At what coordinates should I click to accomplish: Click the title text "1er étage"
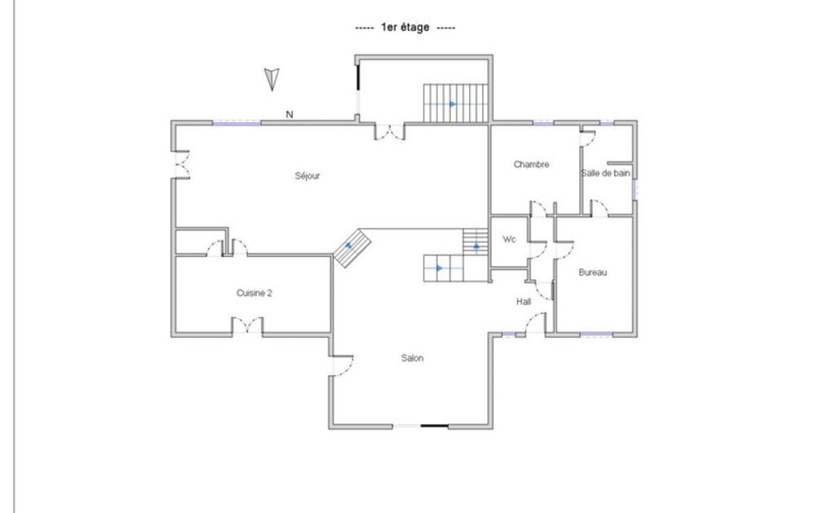pyautogui.click(x=406, y=28)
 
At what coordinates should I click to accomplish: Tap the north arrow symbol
pyautogui.click(x=273, y=79)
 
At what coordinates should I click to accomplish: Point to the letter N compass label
pyautogui.click(x=289, y=115)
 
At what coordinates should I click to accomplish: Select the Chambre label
pyautogui.click(x=531, y=165)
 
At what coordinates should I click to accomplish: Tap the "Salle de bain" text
pyautogui.click(x=605, y=173)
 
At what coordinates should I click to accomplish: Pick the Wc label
pyautogui.click(x=509, y=240)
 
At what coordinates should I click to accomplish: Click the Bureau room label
pyautogui.click(x=592, y=272)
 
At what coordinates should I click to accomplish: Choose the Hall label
pyautogui.click(x=524, y=302)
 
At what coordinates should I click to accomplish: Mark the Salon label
pyautogui.click(x=412, y=358)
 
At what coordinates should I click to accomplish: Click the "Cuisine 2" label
pyautogui.click(x=254, y=294)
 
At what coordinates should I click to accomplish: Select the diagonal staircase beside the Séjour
pyautogui.click(x=353, y=247)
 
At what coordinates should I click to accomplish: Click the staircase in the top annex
pyautogui.click(x=454, y=104)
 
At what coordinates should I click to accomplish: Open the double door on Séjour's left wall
pyautogui.click(x=181, y=164)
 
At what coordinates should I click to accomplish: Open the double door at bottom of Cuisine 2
pyautogui.click(x=247, y=328)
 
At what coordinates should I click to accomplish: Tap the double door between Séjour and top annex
pyautogui.click(x=388, y=130)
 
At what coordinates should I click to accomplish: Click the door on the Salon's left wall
pyautogui.click(x=340, y=366)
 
